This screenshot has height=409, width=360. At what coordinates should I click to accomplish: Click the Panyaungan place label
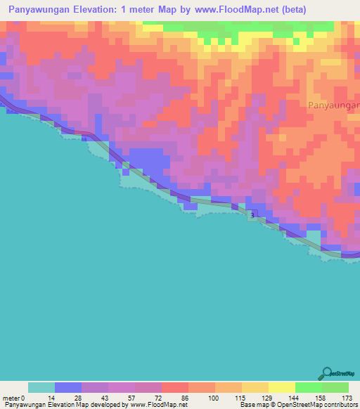pos(334,105)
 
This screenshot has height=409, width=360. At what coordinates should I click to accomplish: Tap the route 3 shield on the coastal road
pos(251,215)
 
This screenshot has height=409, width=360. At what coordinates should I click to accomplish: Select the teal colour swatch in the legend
pos(41,387)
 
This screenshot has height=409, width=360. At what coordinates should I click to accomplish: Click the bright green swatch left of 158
pos(308,387)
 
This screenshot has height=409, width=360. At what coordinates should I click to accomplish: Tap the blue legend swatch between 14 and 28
pos(67,387)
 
